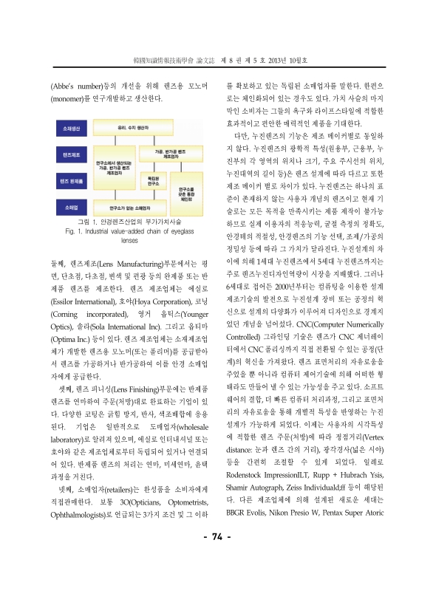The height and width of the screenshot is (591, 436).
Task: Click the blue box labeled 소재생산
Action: point(71,127)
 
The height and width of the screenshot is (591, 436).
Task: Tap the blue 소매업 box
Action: point(71,188)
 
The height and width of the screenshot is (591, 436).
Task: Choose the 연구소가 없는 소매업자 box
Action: point(123,188)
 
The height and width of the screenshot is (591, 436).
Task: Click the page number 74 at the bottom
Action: point(218,557)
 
